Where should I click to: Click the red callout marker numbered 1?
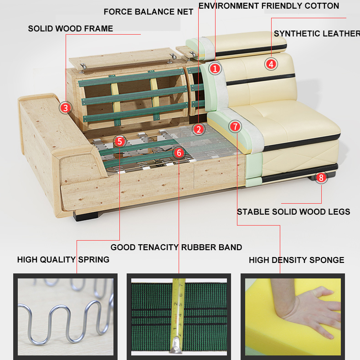(215, 68)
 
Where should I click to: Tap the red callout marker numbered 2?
(199, 129)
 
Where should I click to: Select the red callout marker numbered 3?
(66, 108)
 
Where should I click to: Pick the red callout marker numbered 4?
(271, 64)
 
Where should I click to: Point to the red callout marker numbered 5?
(119, 141)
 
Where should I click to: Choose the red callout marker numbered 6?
(179, 153)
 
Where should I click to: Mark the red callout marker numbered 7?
(235, 126)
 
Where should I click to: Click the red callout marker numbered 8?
(321, 177)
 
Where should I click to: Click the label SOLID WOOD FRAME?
(71, 29)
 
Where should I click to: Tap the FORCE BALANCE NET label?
(148, 12)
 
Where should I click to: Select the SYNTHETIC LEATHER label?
(317, 34)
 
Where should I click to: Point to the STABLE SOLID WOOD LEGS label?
(293, 212)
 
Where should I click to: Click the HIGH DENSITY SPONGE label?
(297, 260)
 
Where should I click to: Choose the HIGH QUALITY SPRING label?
(63, 260)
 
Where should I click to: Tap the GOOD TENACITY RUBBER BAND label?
(176, 247)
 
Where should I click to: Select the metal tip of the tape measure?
(176, 345)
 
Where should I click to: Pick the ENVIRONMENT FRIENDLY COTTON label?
(269, 6)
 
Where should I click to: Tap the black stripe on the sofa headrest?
(251, 51)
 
